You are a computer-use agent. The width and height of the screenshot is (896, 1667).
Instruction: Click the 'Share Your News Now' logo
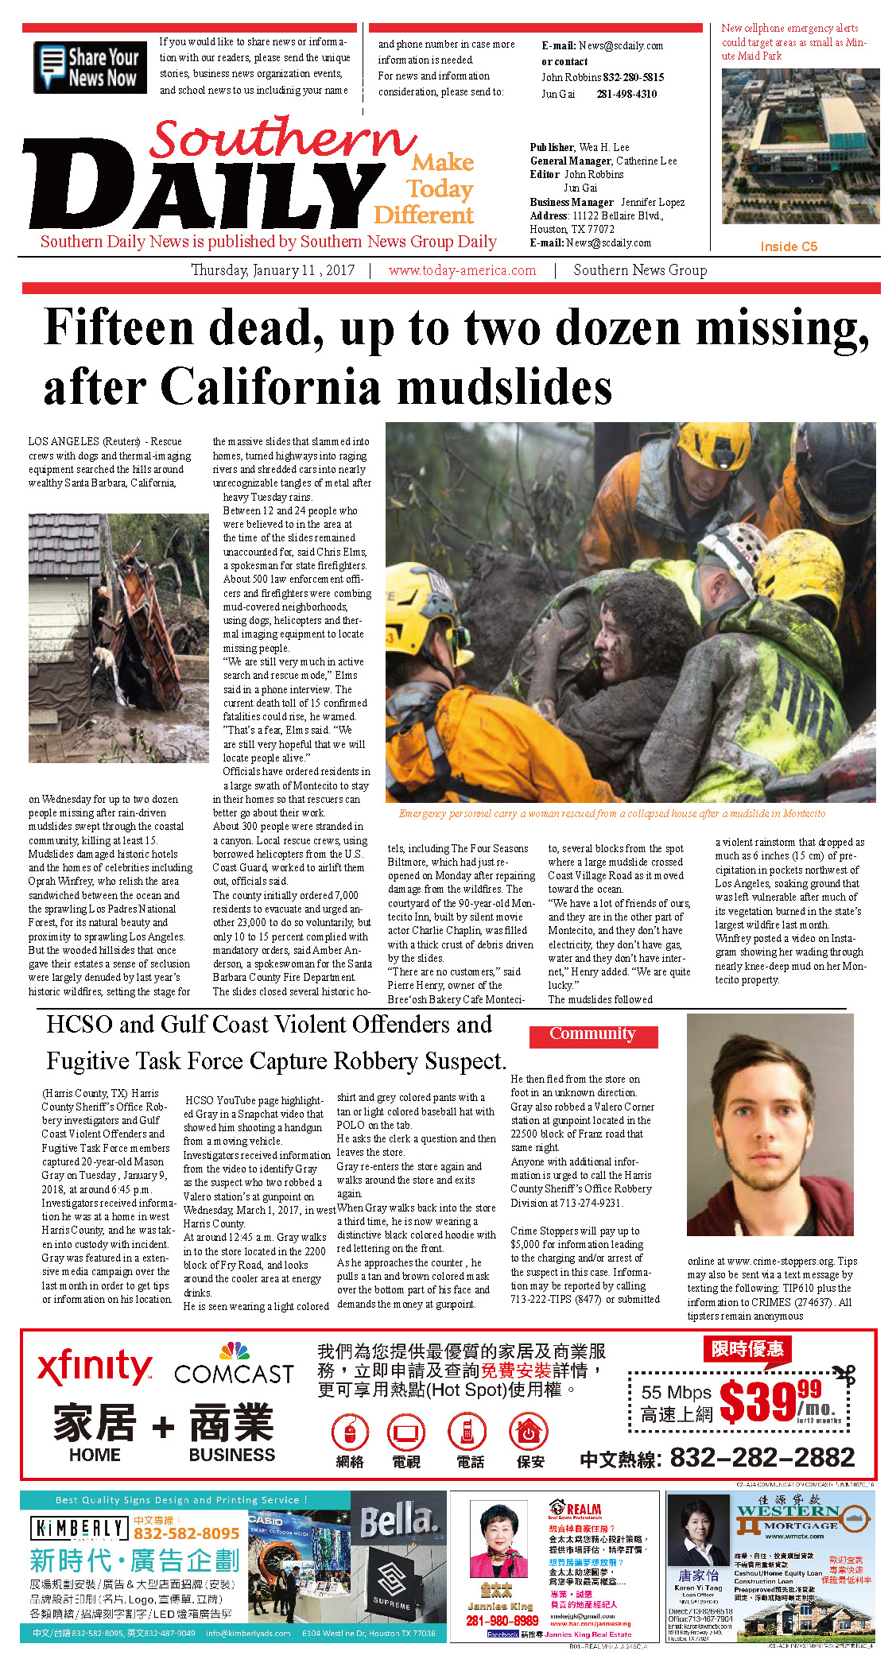(90, 68)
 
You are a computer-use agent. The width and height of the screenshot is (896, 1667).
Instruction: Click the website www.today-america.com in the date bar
(462, 270)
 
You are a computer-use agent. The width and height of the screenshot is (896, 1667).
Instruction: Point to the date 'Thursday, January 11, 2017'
(273, 270)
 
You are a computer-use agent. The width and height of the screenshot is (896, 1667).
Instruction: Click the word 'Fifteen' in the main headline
(119, 328)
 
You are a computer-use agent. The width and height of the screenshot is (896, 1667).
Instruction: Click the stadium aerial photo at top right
(800, 145)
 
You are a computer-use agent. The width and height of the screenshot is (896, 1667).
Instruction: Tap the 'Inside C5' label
(788, 246)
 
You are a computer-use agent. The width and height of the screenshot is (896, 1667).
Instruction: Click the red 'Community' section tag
(593, 1034)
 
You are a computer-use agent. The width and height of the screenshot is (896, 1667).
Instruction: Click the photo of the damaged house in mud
(118, 638)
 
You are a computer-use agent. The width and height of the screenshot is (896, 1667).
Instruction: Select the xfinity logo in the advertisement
(95, 1367)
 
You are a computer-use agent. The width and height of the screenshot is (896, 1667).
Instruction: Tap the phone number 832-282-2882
(762, 1457)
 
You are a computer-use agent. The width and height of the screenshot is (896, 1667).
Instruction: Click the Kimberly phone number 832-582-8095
(186, 1533)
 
